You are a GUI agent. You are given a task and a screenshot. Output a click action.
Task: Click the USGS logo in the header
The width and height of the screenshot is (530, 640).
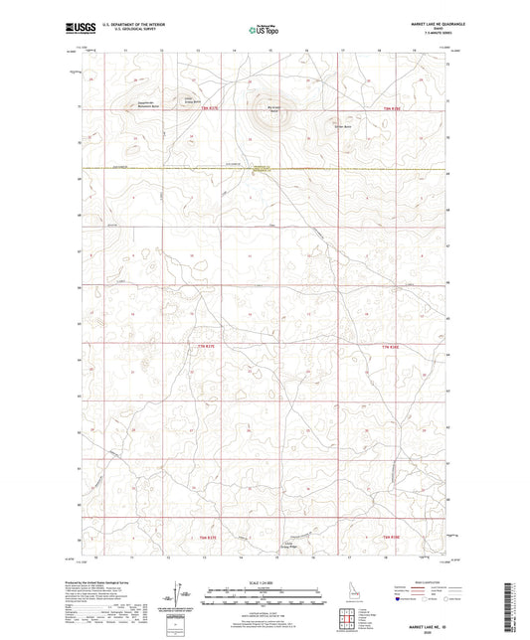(x=78, y=30)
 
